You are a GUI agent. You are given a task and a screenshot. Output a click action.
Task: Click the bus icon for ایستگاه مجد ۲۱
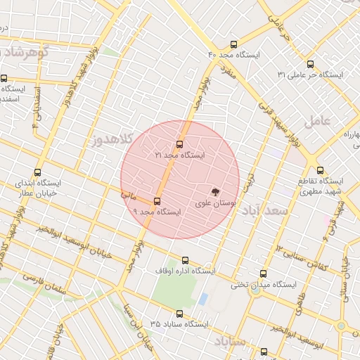179,144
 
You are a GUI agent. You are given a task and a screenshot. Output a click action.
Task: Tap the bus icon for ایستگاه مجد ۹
157,201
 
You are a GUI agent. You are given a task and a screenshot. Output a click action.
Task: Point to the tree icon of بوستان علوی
215,191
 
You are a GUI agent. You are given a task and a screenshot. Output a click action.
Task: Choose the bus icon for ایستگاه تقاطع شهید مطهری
321,169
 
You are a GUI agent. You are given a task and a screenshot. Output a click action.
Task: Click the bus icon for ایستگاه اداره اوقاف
185,260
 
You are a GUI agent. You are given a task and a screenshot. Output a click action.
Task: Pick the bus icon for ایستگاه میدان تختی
264,274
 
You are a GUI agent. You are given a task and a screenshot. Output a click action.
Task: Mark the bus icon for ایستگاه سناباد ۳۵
179,314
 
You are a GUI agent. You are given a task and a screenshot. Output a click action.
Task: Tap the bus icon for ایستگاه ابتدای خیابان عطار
37,171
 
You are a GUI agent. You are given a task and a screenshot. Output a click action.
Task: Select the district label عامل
317,120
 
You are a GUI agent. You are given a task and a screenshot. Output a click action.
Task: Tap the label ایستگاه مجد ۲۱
180,155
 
